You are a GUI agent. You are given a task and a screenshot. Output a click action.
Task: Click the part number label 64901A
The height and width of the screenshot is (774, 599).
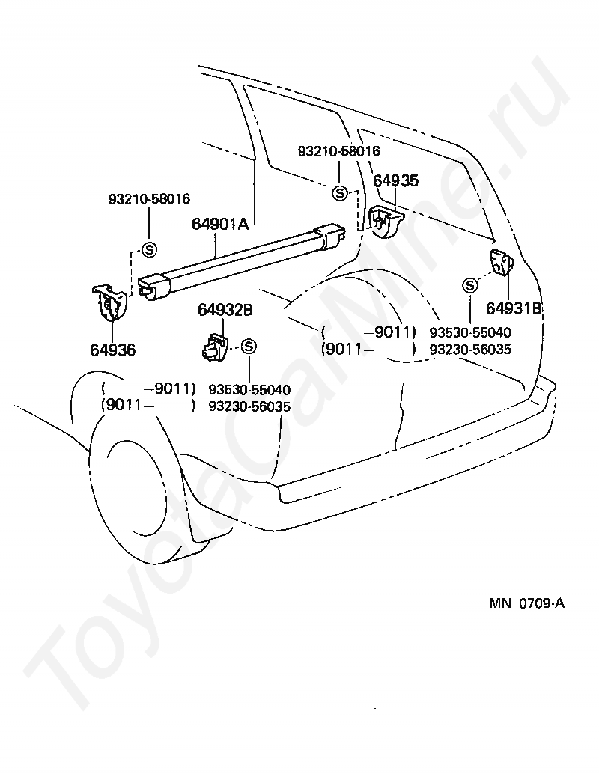coord(220,223)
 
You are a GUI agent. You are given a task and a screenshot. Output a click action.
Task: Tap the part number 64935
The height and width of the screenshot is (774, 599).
coord(396,181)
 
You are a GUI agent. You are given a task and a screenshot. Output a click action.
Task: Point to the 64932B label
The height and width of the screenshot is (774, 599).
coord(225,310)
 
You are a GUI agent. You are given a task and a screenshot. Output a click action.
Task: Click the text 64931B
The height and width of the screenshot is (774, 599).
coord(513,308)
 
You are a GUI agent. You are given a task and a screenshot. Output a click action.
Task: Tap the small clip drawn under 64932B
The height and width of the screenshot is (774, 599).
coord(215,347)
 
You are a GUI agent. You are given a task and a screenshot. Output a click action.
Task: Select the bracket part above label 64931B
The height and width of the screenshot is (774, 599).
coord(502,263)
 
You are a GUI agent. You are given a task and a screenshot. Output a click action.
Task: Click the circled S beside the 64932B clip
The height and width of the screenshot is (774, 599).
coord(249,346)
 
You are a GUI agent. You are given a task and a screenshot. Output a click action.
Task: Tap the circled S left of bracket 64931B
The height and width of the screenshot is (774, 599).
coord(470,284)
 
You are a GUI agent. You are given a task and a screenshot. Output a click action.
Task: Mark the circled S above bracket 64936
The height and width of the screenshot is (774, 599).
coord(148,250)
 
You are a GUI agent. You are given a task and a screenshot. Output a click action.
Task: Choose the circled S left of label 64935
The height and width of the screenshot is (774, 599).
coord(340,193)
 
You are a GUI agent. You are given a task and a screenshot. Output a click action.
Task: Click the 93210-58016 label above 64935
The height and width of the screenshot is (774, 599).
coord(338,151)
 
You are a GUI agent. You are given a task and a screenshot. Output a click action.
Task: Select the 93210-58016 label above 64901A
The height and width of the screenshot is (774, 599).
coord(149,199)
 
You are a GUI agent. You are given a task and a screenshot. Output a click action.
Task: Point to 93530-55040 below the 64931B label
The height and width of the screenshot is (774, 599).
coord(470,332)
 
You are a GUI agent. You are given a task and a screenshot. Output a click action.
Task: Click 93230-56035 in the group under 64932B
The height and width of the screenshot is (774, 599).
coord(249,406)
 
